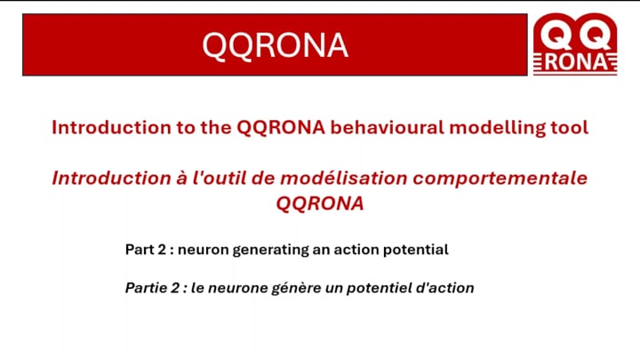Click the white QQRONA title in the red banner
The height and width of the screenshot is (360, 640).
coord(275,45)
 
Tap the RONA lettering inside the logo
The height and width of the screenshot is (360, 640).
coord(575,62)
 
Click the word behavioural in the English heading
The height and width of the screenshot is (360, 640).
coord(387,127)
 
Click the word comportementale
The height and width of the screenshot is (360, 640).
coord(500,179)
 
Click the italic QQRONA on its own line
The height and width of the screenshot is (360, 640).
coord(320,204)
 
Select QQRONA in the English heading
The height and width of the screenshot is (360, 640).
coord(281,128)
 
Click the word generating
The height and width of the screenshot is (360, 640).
coord(270,250)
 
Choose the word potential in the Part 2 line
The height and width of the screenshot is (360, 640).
coord(415,250)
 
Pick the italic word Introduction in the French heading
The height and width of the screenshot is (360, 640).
coord(111,178)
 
